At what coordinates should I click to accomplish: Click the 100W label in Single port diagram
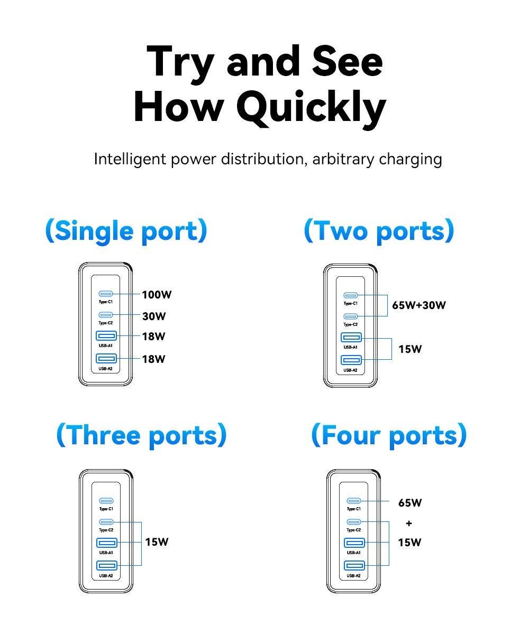tap(157, 295)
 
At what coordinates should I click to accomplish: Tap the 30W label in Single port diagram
tap(154, 316)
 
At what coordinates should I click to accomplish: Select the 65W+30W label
tap(418, 305)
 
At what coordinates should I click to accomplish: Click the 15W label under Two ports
tap(410, 349)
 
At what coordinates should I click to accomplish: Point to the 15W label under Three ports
tap(157, 542)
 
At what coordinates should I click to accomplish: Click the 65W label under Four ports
tap(410, 502)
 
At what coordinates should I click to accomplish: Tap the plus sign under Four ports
tap(408, 523)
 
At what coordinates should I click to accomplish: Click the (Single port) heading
tap(126, 231)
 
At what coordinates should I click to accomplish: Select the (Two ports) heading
tap(379, 231)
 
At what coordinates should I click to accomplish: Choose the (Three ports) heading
tap(142, 435)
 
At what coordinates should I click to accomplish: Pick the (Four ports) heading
tap(389, 435)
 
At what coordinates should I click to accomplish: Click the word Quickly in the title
tap(311, 108)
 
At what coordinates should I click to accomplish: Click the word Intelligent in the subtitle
tap(130, 160)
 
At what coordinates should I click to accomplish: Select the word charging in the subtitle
tap(411, 160)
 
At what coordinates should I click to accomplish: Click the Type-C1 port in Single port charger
tap(106, 294)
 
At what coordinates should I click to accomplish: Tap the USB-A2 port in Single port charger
tap(106, 358)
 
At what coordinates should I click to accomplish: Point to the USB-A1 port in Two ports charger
tap(351, 338)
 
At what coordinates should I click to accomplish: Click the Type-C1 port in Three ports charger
tap(106, 501)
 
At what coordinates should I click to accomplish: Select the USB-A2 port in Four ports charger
tap(354, 565)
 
